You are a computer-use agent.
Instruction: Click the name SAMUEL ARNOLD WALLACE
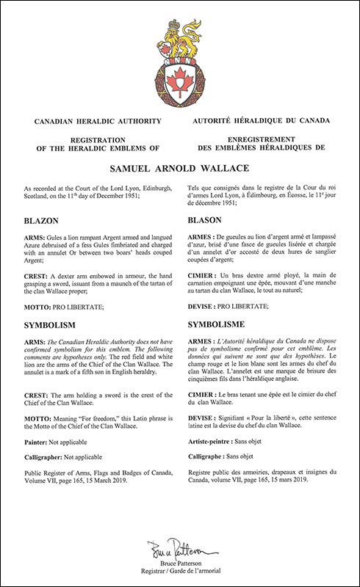(x=179, y=168)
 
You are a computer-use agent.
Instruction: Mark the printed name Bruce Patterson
(x=179, y=562)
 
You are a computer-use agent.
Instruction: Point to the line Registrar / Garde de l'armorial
(x=179, y=570)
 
